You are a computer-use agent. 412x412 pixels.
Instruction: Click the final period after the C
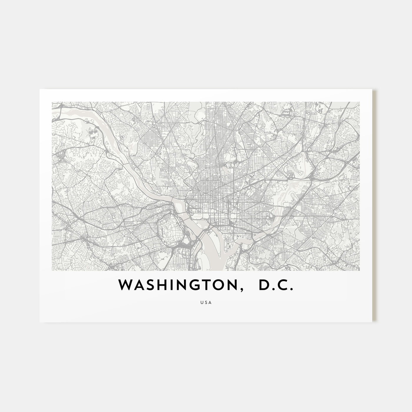(291, 289)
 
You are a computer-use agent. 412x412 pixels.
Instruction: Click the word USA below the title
(206, 302)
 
